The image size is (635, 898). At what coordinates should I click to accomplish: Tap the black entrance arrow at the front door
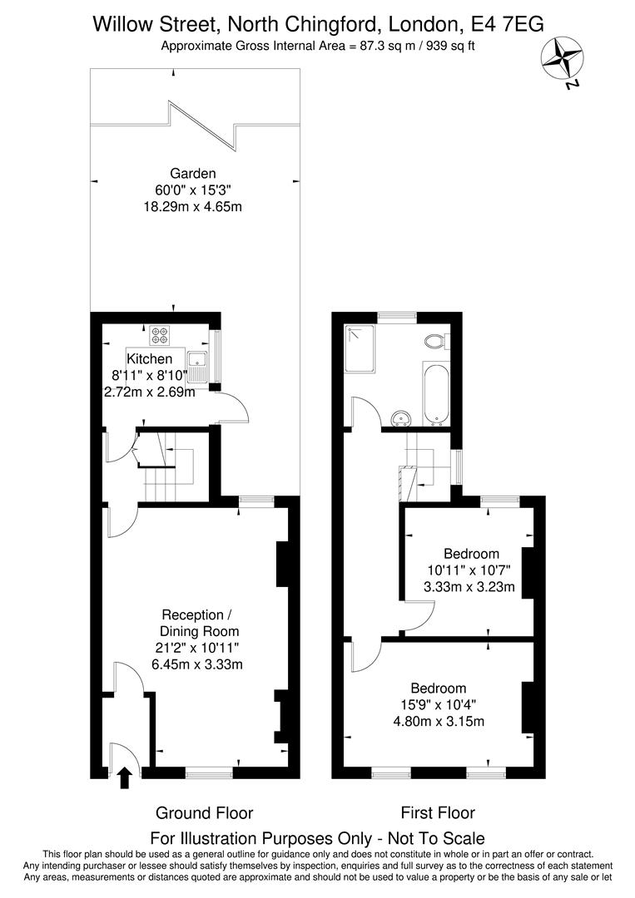[125, 777]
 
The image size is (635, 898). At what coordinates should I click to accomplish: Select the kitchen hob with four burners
[160, 335]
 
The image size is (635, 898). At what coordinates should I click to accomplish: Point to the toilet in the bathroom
[435, 341]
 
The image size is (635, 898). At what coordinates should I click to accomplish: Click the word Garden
[193, 174]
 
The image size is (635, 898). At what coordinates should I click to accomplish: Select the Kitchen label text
[150, 359]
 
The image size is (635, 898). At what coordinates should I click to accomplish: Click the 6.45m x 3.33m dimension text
[196, 664]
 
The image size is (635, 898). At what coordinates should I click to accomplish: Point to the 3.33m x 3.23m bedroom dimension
[469, 587]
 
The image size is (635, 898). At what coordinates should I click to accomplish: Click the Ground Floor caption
[205, 813]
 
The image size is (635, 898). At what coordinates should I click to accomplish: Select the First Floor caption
[438, 813]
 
